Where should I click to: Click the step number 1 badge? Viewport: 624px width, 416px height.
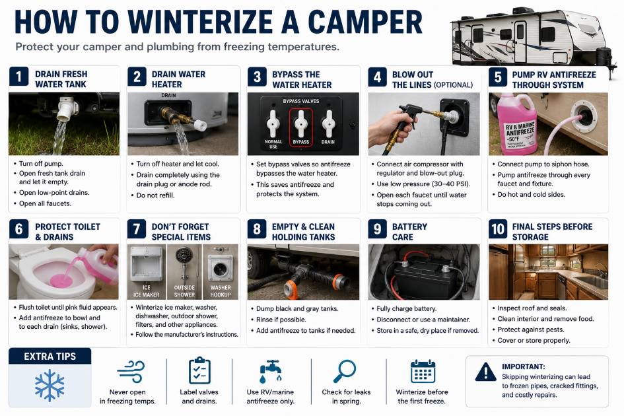[18, 76]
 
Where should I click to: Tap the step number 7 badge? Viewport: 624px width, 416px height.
[137, 229]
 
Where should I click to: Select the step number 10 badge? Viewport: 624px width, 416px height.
[498, 229]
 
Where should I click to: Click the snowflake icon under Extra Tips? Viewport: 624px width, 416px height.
[50, 385]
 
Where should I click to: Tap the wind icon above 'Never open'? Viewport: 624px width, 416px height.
[131, 371]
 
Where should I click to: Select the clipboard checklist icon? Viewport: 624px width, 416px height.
[199, 370]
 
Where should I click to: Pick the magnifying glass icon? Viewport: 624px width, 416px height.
[344, 371]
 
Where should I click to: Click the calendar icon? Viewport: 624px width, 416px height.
[423, 371]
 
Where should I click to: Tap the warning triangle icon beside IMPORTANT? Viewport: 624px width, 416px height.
[485, 372]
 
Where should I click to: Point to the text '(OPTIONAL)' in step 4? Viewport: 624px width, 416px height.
[453, 85]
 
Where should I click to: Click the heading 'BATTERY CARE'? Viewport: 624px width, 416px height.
[409, 232]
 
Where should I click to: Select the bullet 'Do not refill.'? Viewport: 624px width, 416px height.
[155, 195]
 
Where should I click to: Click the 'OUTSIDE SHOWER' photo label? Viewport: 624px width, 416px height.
[184, 291]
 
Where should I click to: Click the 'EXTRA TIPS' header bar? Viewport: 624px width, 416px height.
[50, 357]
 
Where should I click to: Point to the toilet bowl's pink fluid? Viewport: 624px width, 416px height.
[61, 280]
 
